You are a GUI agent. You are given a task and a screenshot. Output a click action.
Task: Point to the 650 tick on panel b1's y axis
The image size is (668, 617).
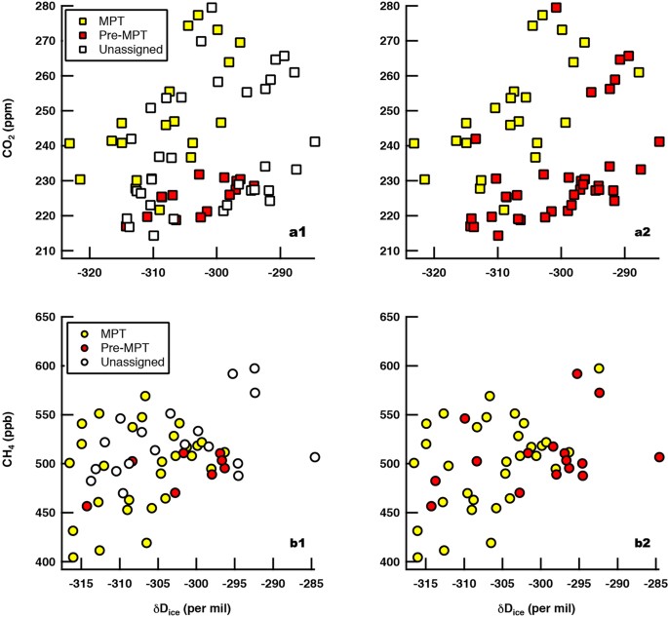tap(46, 318)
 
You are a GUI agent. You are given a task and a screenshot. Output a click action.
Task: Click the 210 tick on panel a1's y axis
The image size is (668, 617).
tap(46, 251)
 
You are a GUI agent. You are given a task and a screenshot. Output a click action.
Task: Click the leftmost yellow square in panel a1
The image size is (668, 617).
tap(69, 143)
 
